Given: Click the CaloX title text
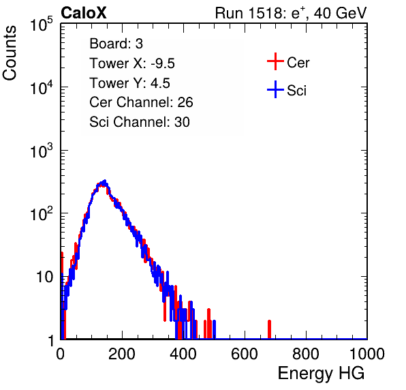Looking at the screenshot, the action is pyautogui.click(x=84, y=13).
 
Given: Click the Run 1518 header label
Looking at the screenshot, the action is pyautogui.click(x=291, y=13).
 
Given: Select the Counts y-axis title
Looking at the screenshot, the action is pyautogui.click(x=10, y=53).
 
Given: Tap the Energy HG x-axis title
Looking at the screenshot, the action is pyautogui.click(x=321, y=374).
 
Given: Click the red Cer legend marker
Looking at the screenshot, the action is pyautogui.click(x=275, y=61).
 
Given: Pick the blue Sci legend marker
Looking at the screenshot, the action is pyautogui.click(x=275, y=89).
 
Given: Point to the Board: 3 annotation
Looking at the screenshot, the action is pyautogui.click(x=116, y=44).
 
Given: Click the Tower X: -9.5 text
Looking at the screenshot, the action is pyautogui.click(x=132, y=63).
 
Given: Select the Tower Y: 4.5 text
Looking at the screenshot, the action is pyautogui.click(x=129, y=83).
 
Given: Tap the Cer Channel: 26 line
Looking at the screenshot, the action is pyautogui.click(x=141, y=102).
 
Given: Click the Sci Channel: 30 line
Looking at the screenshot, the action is pyautogui.click(x=140, y=122).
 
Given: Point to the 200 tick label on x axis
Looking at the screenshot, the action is pyautogui.click(x=122, y=354).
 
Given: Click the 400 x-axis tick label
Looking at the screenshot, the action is pyautogui.click(x=183, y=354).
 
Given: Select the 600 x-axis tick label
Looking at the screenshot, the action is pyautogui.click(x=245, y=354).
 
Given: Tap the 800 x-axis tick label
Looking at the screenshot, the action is pyautogui.click(x=306, y=354).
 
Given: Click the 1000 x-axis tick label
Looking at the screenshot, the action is pyautogui.click(x=367, y=354).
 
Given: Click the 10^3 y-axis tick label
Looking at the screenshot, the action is pyautogui.click(x=42, y=150).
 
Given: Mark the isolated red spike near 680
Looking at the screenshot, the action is pyautogui.click(x=269, y=329).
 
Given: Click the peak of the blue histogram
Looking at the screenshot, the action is pyautogui.click(x=105, y=181).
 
